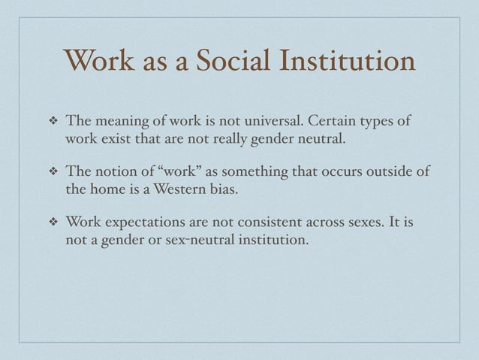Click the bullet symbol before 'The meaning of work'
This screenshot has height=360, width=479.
(x=53, y=123)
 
